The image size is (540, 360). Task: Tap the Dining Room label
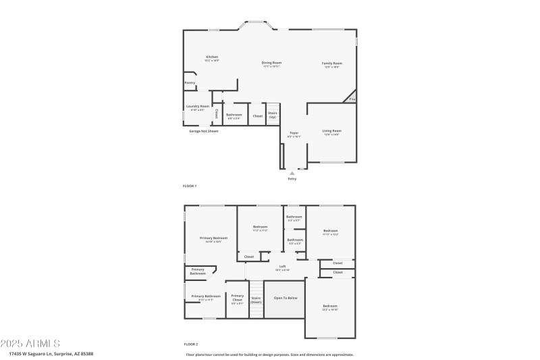coord(271,64)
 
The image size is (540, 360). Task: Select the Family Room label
coord(331,64)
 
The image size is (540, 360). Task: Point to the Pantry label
coord(190,83)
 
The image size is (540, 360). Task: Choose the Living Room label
coord(331,132)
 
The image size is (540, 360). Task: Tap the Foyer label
coord(294,134)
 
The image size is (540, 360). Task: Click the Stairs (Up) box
coord(273,115)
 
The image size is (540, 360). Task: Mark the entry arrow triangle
coord(292,173)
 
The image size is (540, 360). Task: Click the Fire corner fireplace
coord(351,99)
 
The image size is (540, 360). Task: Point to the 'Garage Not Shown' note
coord(203,130)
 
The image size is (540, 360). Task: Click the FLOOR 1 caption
coord(190,186)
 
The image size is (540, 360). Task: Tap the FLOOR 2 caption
coord(190,344)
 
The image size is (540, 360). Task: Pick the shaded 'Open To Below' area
coord(284,298)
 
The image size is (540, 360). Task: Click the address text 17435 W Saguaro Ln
coord(51,354)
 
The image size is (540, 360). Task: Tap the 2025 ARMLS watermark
coord(30,344)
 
